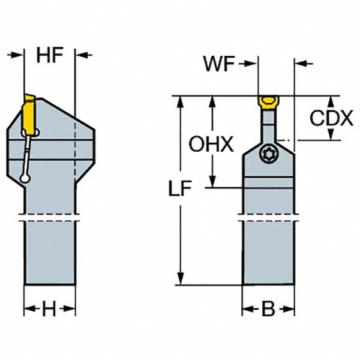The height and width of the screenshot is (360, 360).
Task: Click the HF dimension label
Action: click(50, 55)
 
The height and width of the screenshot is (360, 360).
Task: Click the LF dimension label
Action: click(179, 190)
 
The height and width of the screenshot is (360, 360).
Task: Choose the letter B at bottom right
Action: click(268, 310)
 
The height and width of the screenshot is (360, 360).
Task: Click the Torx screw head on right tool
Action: click(268, 154)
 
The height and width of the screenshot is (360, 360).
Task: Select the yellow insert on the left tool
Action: click(29, 114)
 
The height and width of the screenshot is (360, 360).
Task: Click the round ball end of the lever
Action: click(24, 178)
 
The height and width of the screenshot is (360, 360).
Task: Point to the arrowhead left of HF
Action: click(18, 55)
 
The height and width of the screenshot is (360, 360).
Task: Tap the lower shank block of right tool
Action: click(268, 252)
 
